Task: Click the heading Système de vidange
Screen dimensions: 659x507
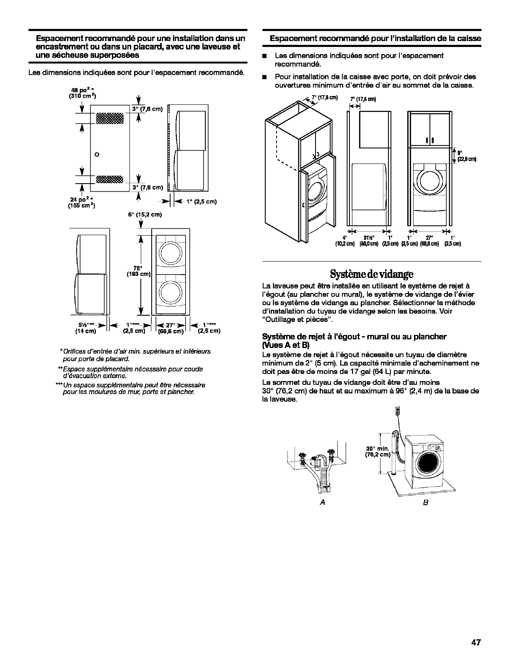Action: (x=371, y=274)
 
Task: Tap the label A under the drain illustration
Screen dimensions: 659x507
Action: (x=323, y=502)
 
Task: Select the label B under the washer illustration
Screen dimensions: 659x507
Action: (x=425, y=502)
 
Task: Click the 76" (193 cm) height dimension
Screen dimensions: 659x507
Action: (x=138, y=271)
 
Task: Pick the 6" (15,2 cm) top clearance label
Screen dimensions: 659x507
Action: (x=145, y=215)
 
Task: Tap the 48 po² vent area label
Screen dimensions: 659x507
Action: (x=82, y=93)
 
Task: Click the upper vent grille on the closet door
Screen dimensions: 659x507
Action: (x=110, y=118)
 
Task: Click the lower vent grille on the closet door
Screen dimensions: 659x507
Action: (x=110, y=179)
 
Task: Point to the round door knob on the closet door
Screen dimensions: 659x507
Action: (x=97, y=154)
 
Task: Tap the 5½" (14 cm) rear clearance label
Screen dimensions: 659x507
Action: (x=85, y=328)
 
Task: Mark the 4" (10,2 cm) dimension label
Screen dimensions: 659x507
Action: (x=344, y=241)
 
